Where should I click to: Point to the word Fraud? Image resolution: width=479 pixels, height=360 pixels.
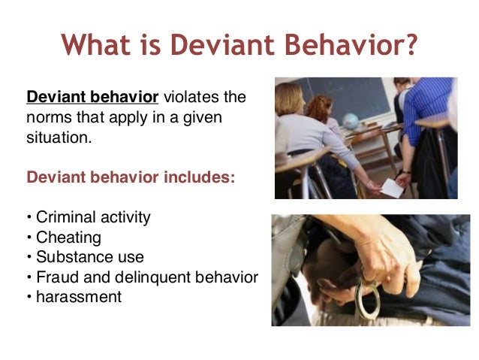tap(55, 277)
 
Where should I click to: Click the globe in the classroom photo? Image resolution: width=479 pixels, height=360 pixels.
tap(350, 121)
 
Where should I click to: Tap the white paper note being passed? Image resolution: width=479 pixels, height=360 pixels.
tap(390, 187)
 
